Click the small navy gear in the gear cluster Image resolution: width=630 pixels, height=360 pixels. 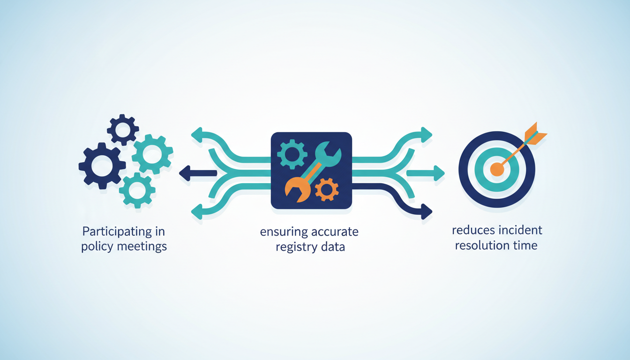(x=123, y=130)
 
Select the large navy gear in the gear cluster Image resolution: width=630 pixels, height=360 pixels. (x=102, y=165)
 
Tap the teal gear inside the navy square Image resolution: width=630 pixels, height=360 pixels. (x=292, y=154)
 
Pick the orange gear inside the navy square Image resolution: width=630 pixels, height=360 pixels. (x=327, y=190)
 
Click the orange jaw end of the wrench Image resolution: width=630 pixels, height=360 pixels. (x=297, y=190)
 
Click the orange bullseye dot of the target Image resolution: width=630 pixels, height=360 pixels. (x=497, y=169)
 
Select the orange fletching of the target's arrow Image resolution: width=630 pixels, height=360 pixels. (x=535, y=134)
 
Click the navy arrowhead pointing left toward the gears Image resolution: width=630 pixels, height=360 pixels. (x=185, y=173)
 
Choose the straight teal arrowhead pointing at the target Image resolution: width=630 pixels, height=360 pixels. (x=439, y=173)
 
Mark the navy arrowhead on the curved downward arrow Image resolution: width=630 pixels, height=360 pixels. (x=427, y=211)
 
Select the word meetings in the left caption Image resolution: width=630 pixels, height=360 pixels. (x=142, y=247)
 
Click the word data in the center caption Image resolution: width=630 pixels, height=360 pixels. (x=334, y=247)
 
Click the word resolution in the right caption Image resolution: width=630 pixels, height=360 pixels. (x=483, y=246)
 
